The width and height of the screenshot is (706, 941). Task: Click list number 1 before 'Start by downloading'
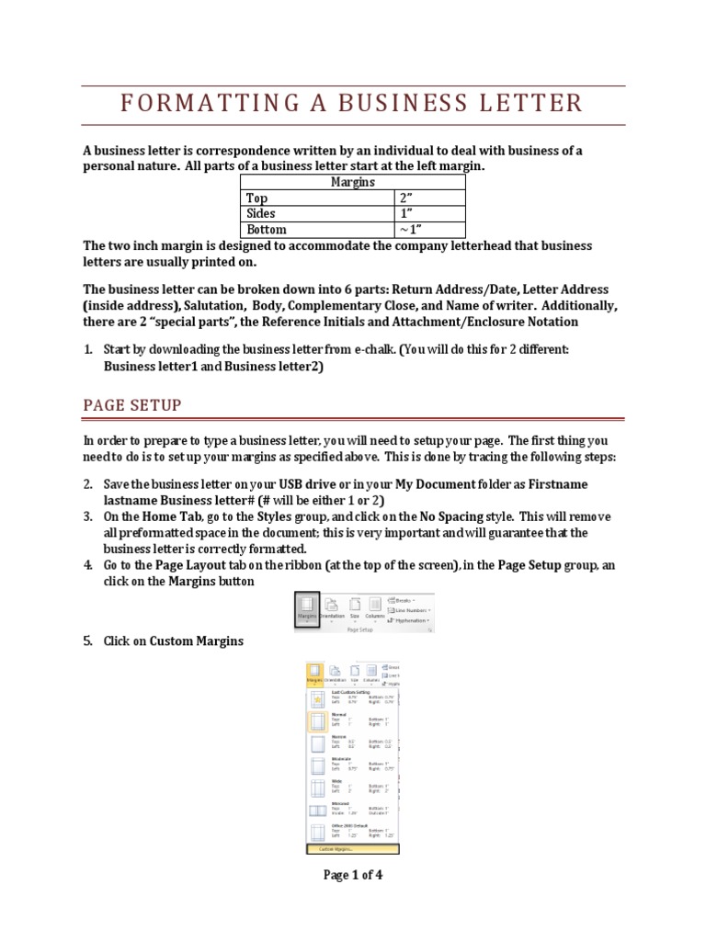(88, 350)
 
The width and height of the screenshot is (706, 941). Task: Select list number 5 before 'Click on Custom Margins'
(88, 641)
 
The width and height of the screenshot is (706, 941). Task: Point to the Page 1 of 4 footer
(353, 875)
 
